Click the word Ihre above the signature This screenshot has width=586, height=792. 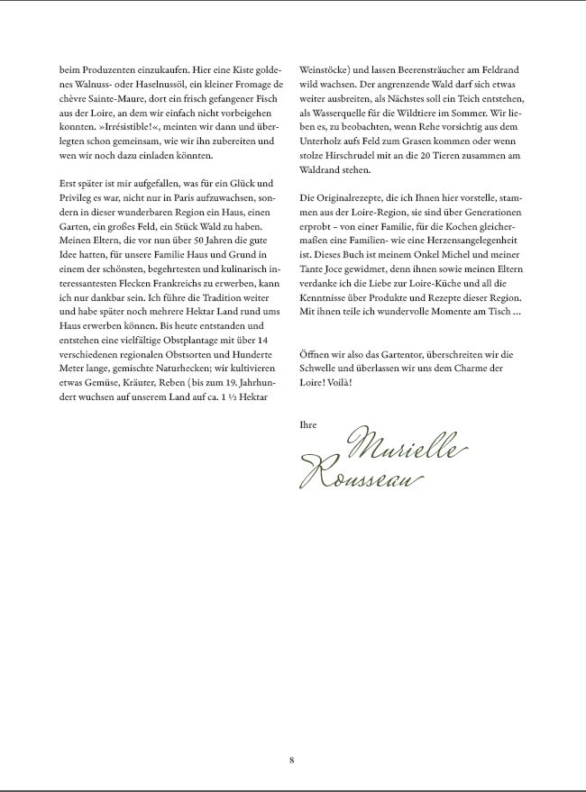(x=307, y=423)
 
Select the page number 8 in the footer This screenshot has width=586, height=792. (x=292, y=760)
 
